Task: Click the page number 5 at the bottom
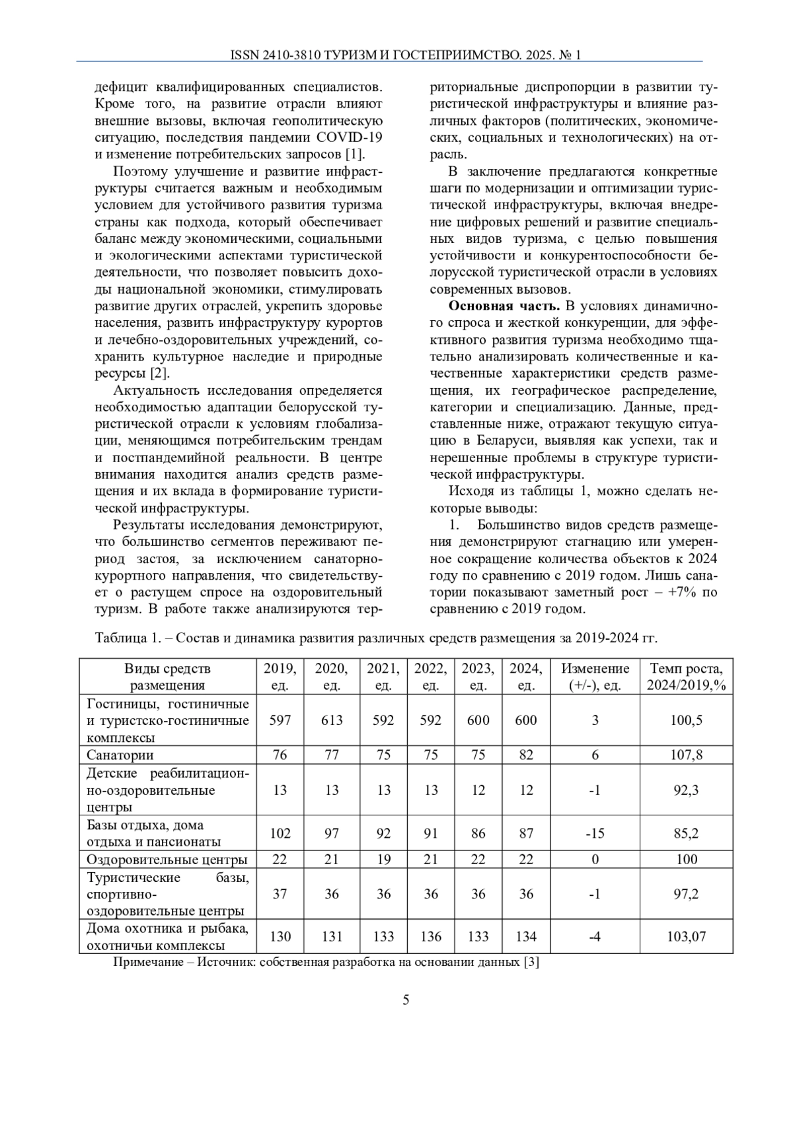click(x=406, y=1000)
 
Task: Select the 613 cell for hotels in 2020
click(x=332, y=720)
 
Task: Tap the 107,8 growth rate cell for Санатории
click(x=686, y=755)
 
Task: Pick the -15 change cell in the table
click(x=595, y=833)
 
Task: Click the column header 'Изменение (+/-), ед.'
click(x=595, y=677)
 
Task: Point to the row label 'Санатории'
click(x=120, y=755)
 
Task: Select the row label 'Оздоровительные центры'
click(x=167, y=859)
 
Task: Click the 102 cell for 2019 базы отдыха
click(x=280, y=833)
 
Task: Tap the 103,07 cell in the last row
click(x=686, y=936)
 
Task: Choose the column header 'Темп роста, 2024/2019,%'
click(x=686, y=677)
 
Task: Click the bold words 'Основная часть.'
click(x=504, y=306)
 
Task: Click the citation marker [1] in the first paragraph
click(x=355, y=154)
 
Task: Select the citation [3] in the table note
click(x=531, y=962)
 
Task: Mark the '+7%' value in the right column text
click(x=681, y=592)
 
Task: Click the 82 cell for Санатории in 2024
click(x=525, y=755)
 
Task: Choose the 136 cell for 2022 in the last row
click(x=430, y=936)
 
